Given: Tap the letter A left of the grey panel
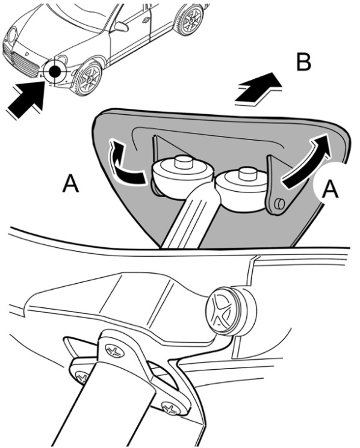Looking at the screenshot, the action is pyautogui.click(x=70, y=184).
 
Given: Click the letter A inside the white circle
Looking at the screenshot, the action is pyautogui.click(x=331, y=189).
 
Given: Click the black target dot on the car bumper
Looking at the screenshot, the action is pyautogui.click(x=55, y=72).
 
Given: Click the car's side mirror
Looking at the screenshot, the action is pyautogui.click(x=121, y=26).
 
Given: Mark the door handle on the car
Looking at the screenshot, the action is pyautogui.click(x=146, y=19).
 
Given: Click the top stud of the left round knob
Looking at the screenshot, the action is pyautogui.click(x=182, y=162).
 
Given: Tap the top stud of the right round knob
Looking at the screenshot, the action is pyautogui.click(x=246, y=174).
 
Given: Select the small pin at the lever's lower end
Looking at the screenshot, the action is pyautogui.click(x=280, y=203).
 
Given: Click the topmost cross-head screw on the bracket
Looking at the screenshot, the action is pyautogui.click(x=115, y=351).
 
